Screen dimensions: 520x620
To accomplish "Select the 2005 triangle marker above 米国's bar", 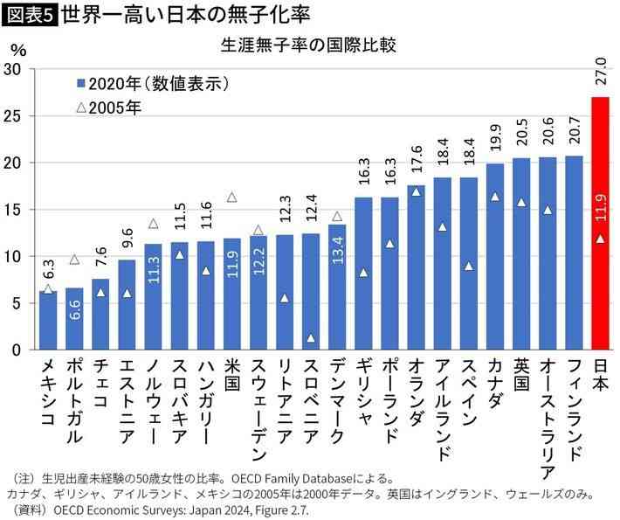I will point(231,198).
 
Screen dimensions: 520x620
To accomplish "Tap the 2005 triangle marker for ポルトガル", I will point(74,259).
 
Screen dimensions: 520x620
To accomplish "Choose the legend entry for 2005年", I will point(108,108).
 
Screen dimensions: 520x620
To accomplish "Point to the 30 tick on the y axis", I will point(13,69).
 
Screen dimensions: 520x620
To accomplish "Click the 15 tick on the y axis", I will point(13,210).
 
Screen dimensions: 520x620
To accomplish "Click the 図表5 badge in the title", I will point(29,15).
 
